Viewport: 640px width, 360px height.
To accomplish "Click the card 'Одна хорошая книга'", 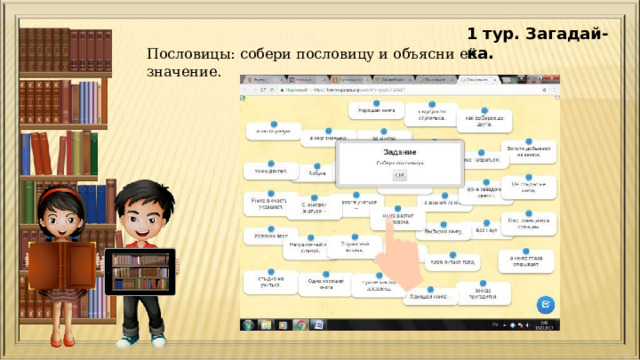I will [321, 285].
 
